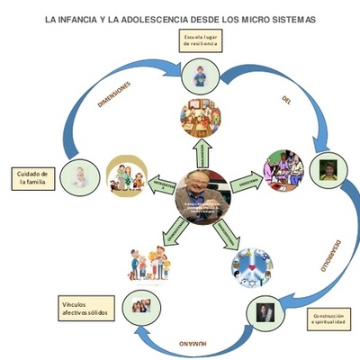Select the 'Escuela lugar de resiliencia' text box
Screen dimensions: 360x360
point(201,41)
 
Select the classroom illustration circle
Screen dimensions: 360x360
point(201,115)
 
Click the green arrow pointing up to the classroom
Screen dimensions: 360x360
point(202,150)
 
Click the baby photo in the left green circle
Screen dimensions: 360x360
point(81,175)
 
